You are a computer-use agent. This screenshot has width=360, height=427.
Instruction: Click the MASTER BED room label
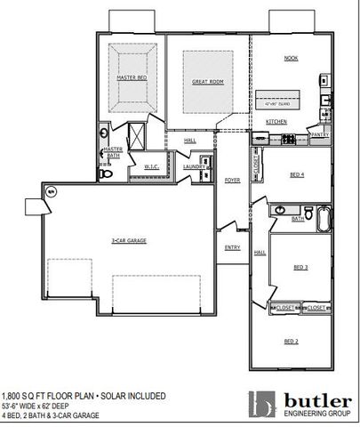click(x=132, y=78)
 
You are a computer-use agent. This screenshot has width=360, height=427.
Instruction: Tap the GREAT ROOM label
click(x=207, y=82)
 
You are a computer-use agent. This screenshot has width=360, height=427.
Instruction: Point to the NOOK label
click(x=290, y=58)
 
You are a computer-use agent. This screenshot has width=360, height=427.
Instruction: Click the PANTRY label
click(x=320, y=134)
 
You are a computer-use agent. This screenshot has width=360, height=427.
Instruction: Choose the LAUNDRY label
click(x=194, y=166)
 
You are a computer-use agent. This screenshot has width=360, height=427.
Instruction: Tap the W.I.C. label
click(x=151, y=165)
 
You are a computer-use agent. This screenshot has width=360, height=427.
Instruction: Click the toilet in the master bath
click(x=107, y=174)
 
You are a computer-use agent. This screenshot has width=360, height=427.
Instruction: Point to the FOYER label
click(x=232, y=181)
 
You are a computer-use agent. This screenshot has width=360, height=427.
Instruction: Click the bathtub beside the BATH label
click(x=322, y=215)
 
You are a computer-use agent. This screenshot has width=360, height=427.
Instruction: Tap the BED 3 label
click(x=300, y=267)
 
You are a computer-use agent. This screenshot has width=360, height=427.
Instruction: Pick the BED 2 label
click(x=291, y=342)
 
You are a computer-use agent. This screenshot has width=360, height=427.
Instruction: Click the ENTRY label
click(x=232, y=247)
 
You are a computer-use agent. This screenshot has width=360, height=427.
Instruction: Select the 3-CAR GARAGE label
click(x=129, y=241)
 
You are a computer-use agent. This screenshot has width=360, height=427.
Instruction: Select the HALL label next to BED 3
click(x=260, y=253)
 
